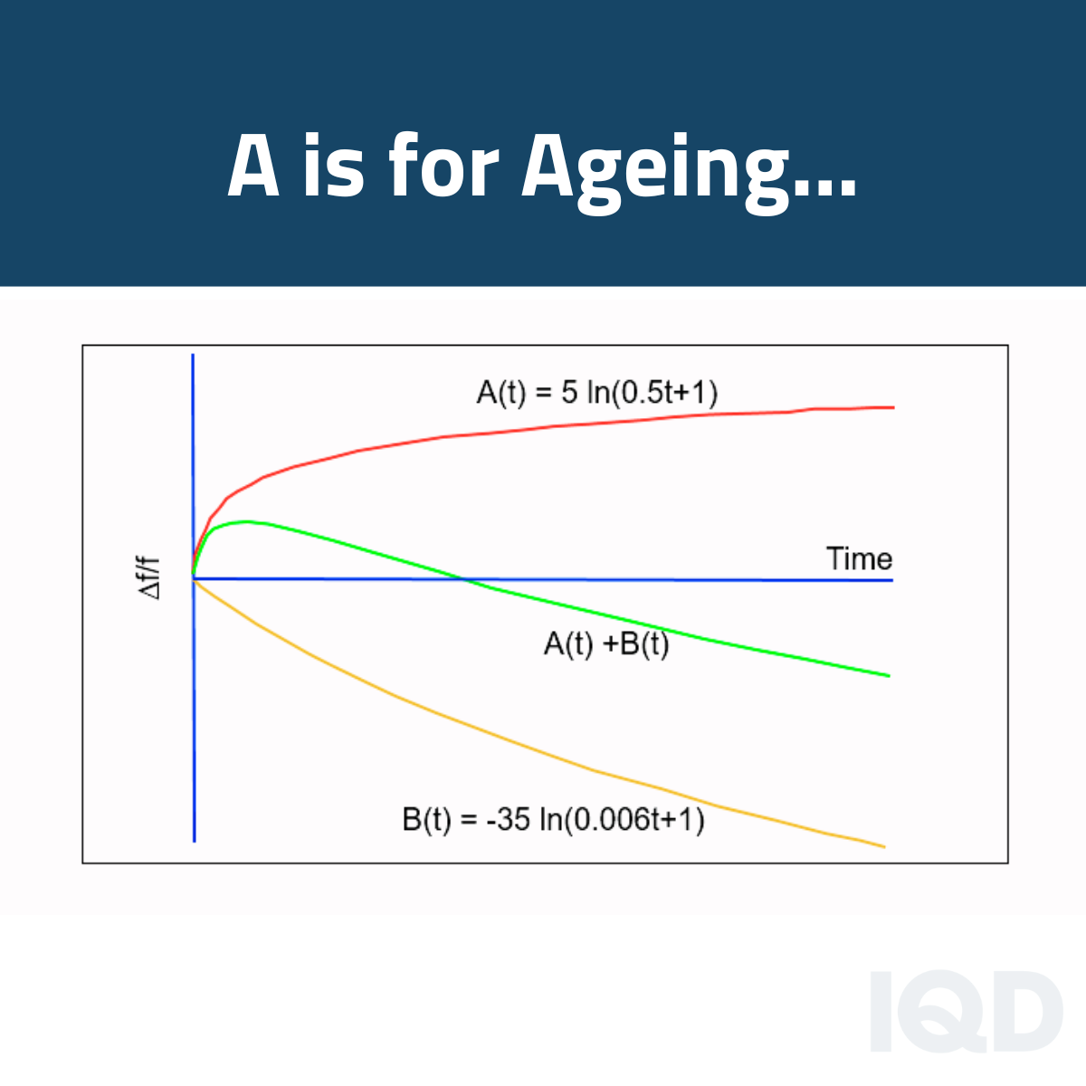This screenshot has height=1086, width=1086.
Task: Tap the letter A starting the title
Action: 253,167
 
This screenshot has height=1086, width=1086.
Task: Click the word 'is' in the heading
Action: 336,167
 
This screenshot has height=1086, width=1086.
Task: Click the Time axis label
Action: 859,558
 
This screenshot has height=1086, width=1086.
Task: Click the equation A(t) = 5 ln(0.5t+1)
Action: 597,392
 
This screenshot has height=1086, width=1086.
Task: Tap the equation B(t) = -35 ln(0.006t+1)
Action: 553,820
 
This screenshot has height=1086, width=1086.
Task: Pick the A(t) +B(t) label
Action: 606,643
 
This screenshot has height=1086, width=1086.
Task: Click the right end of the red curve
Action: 892,407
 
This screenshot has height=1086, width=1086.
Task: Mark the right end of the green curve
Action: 889,675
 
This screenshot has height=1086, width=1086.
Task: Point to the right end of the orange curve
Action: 882,846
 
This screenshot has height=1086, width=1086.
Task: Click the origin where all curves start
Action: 194,577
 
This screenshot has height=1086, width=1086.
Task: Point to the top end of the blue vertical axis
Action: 193,356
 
